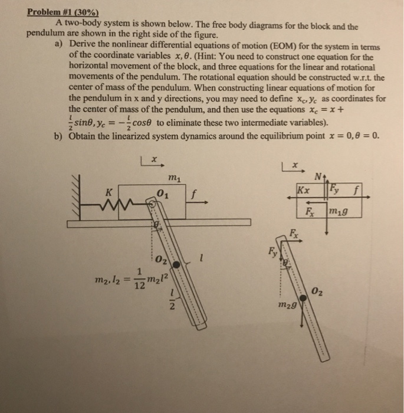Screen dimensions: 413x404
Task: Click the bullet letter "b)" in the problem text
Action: [58, 136]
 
